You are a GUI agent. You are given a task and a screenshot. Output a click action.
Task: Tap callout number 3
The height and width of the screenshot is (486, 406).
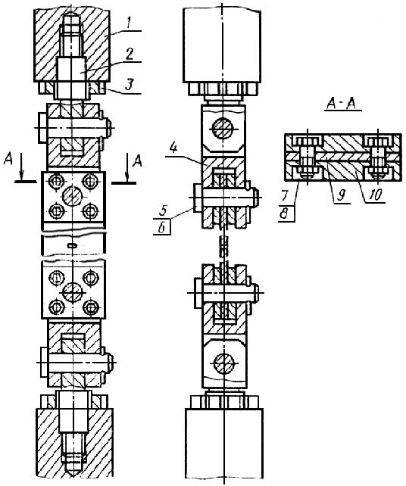pyautogui.click(x=130, y=84)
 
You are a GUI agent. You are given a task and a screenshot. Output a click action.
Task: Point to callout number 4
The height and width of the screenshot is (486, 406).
pyautogui.click(x=173, y=148)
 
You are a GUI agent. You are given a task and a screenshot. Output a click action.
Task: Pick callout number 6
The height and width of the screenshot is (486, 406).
pyautogui.click(x=161, y=228)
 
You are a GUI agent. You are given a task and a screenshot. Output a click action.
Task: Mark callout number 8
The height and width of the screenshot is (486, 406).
pyautogui.click(x=284, y=214)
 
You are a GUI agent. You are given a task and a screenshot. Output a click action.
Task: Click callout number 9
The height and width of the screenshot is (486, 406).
pyautogui.click(x=342, y=196)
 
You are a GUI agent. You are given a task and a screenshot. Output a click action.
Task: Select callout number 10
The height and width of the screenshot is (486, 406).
pyautogui.click(x=373, y=195)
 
